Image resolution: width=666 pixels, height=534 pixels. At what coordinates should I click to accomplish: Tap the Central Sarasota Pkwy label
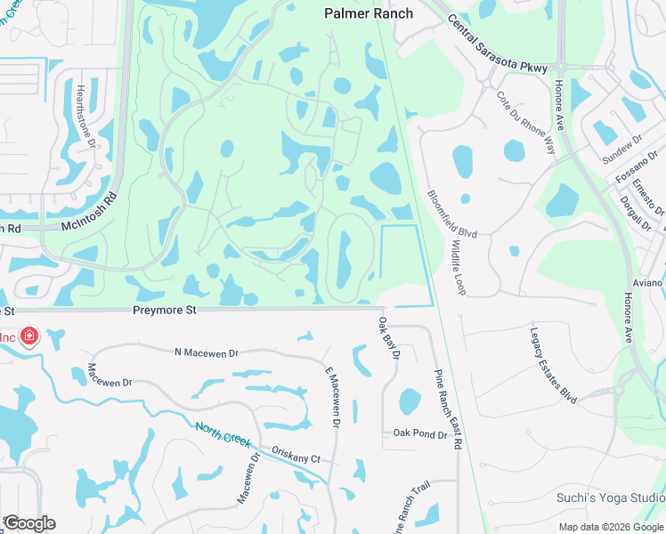coord(498,45)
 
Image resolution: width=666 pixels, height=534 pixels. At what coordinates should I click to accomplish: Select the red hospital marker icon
coord(29,336)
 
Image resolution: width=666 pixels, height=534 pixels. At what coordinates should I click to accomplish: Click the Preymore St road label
coord(163,311)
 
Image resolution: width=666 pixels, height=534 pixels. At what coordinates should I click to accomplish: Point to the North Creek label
coord(223,437)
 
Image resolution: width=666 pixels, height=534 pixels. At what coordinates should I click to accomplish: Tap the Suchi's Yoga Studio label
coord(610,498)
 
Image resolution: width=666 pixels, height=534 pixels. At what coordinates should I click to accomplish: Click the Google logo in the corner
coord(29,523)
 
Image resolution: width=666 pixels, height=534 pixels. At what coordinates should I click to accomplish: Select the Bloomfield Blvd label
coord(451,214)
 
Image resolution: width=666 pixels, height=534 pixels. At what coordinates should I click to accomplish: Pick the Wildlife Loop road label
coord(459,266)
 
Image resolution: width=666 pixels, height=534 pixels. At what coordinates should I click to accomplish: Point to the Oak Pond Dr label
coord(419,433)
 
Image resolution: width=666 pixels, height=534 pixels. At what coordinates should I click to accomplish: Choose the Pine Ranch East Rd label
coord(448,408)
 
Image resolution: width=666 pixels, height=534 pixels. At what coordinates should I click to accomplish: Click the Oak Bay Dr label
coord(388,338)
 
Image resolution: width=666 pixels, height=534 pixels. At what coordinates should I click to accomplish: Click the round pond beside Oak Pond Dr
coord(410,401)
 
